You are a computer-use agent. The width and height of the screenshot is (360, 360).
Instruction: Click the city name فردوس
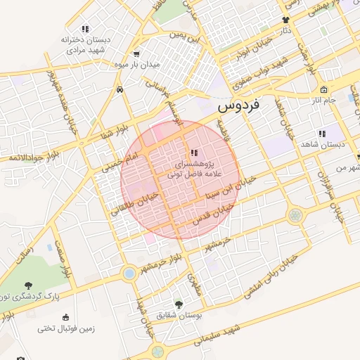[238, 105]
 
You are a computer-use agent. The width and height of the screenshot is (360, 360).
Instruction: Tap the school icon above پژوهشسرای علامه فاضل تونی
[194, 153]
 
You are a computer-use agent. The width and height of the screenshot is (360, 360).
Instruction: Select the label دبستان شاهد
[325, 144]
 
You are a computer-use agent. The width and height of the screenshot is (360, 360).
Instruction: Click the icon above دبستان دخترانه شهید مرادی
[85, 29]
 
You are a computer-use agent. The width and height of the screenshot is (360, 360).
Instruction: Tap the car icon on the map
[122, 90]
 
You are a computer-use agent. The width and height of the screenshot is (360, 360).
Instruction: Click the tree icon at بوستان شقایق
[179, 305]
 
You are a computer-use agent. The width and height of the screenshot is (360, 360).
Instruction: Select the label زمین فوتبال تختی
[65, 328]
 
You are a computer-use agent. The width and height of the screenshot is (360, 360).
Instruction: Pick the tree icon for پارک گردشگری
[28, 285]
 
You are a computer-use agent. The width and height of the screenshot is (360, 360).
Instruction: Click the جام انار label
[326, 101]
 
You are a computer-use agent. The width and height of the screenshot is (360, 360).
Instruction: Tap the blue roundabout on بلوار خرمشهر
[129, 273]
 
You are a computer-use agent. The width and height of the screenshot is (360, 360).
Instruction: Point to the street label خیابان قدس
[212, 207]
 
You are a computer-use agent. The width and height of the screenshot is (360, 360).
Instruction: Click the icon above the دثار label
[285, 20]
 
